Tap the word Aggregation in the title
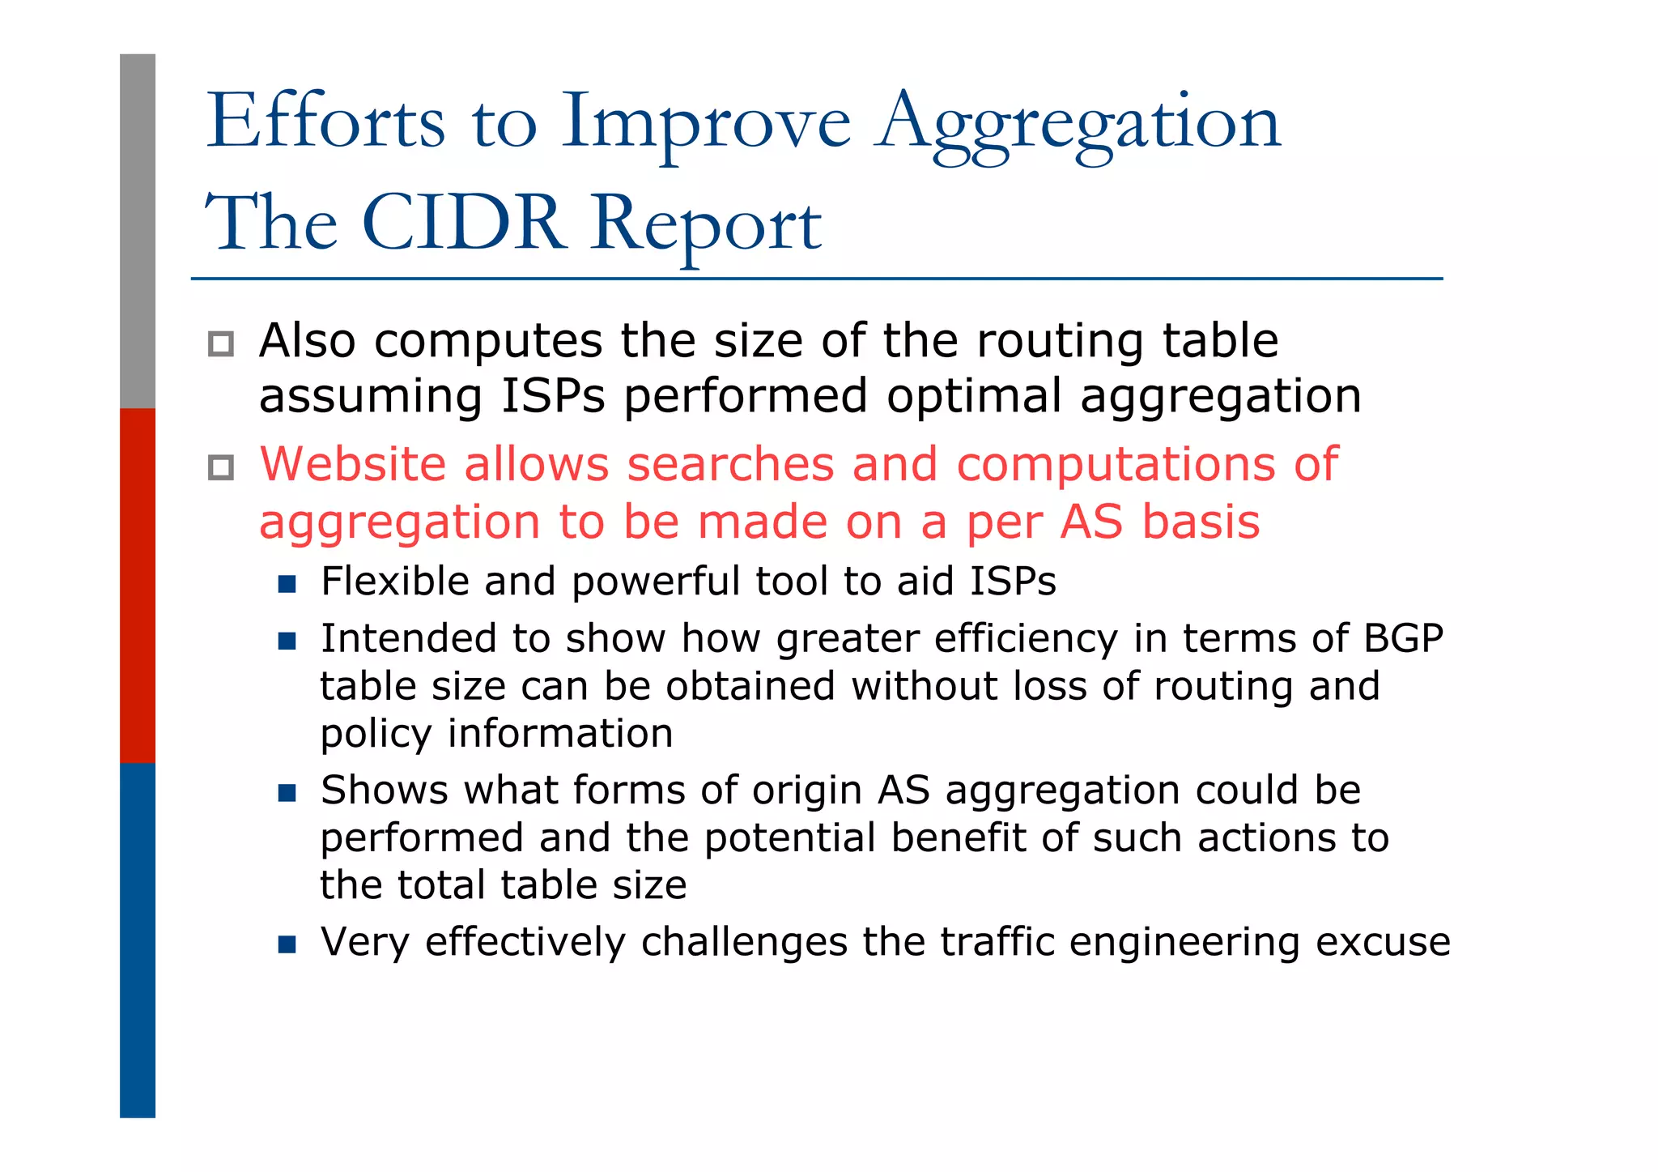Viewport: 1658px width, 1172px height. tap(1078, 123)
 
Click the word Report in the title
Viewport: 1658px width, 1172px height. tap(706, 225)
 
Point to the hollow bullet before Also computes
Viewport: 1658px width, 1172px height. tap(221, 343)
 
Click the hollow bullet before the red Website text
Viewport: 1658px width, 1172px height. tap(221, 467)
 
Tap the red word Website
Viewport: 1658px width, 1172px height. tap(353, 464)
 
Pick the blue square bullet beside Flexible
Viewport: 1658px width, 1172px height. tap(287, 583)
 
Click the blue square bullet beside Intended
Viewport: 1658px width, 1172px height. tap(287, 641)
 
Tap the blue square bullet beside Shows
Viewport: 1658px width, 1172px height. tap(287, 792)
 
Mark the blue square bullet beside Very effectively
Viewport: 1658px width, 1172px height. tap(287, 944)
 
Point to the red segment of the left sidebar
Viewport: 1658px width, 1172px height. tap(138, 585)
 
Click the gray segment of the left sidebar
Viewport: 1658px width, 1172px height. tap(138, 231)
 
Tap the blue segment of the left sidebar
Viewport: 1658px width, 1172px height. tap(138, 940)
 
